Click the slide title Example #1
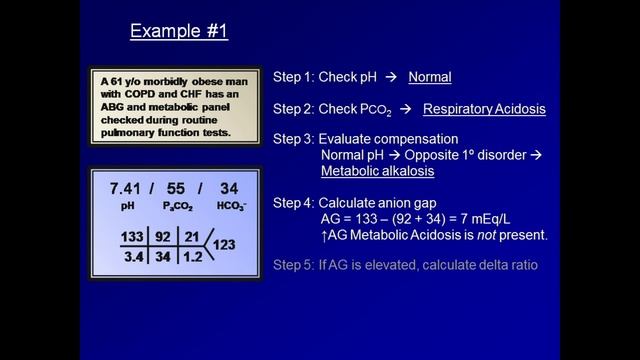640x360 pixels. [x=179, y=31]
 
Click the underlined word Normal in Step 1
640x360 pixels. [x=425, y=77]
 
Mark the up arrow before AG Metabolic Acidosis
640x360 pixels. [x=325, y=235]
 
